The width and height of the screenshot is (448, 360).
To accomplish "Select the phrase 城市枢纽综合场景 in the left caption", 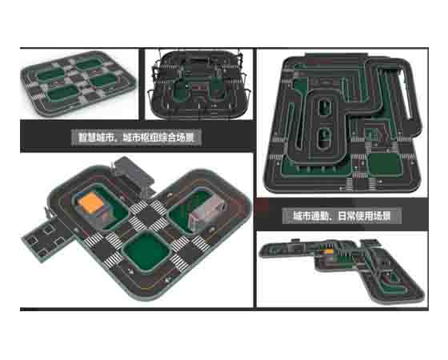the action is [158, 138].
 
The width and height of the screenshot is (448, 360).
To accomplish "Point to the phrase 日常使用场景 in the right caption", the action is [364, 216].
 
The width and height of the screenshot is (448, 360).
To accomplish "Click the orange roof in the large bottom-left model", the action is [90, 202].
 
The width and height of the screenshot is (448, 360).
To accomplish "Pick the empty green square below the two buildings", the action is [146, 251].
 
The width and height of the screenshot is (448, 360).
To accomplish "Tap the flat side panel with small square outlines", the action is [47, 238].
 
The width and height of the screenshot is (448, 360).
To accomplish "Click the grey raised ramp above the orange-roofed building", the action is [133, 171].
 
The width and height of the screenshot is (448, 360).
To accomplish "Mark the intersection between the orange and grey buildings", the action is [148, 215].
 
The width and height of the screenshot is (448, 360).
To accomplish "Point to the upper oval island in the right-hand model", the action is [325, 107].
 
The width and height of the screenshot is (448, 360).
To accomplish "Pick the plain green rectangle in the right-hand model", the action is [385, 165].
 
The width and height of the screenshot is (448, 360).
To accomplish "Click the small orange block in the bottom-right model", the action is [328, 252].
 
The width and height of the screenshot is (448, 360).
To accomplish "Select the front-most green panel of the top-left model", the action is [62, 94].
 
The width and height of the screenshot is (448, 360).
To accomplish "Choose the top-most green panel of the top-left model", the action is [90, 63].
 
